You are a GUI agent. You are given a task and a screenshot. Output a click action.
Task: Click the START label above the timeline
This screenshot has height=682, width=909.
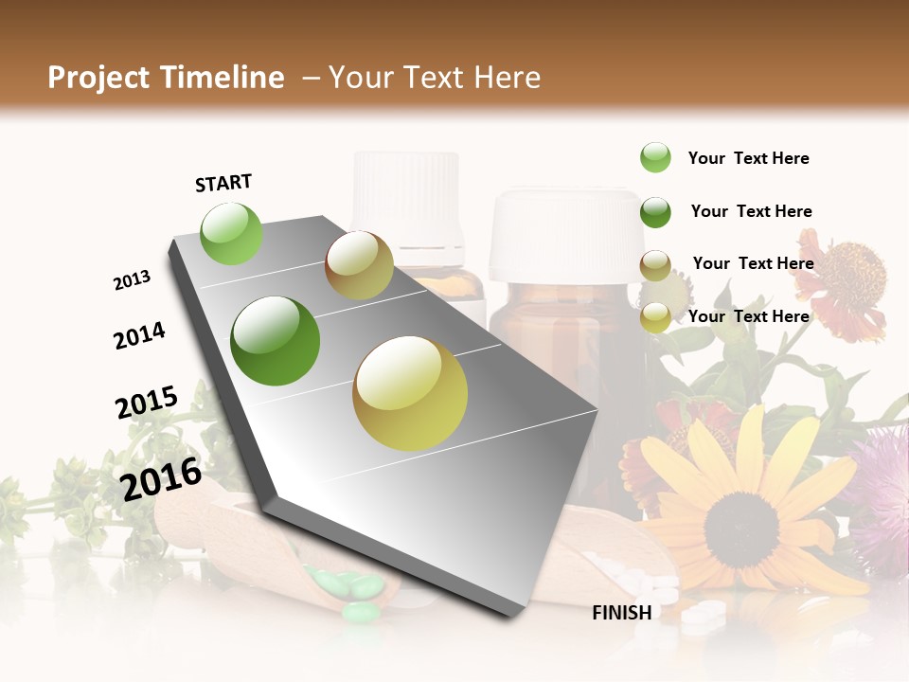click(x=223, y=183)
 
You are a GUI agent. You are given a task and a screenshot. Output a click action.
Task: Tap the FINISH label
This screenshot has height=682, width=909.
click(x=621, y=613)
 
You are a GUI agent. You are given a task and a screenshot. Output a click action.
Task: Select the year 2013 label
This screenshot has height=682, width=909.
click(x=132, y=280)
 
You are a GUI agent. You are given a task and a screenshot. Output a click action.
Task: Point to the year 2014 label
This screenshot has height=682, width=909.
click(x=139, y=335)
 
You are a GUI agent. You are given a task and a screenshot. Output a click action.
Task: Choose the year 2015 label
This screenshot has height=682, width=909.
click(x=147, y=403)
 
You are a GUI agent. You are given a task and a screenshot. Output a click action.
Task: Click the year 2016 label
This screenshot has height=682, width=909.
click(x=161, y=478)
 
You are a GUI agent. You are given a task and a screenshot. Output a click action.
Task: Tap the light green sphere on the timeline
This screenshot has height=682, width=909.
click(x=231, y=234)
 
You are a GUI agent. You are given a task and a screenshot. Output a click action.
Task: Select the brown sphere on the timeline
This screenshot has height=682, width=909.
click(x=359, y=265)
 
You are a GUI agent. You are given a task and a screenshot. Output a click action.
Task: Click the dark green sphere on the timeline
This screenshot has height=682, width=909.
click(x=276, y=340)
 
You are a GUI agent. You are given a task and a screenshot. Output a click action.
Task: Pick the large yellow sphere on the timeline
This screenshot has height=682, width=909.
click(x=410, y=393)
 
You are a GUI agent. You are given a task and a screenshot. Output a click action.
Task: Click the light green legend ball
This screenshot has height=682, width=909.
click(x=655, y=157)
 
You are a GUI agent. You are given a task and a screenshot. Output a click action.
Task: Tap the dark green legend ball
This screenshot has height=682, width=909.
click(x=655, y=212)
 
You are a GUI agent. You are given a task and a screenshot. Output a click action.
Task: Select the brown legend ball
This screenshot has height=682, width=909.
click(x=655, y=265)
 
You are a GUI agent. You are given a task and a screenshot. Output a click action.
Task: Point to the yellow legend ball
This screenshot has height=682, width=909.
click(x=655, y=317)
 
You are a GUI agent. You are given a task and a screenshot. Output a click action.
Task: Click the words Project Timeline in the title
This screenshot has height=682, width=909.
click(x=166, y=78)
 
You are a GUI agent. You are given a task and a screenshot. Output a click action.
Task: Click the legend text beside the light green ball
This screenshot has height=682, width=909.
click(x=748, y=158)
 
